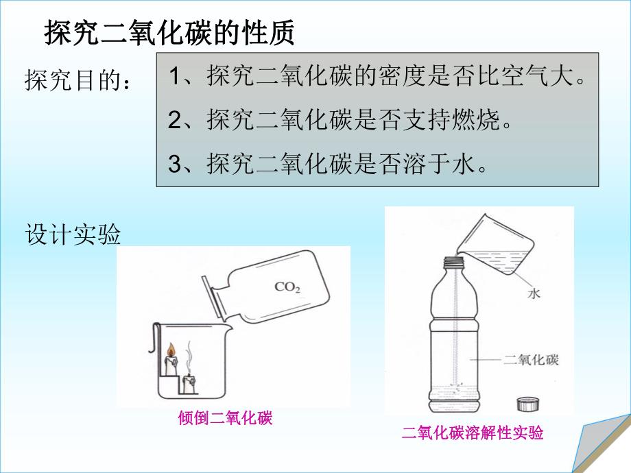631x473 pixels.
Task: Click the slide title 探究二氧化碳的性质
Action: coord(170,32)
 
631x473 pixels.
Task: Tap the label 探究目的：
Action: coord(78,81)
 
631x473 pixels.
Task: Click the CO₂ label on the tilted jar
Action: coord(287,287)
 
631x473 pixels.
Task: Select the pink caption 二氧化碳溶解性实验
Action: coord(473,433)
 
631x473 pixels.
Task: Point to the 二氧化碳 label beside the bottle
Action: coord(531,360)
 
